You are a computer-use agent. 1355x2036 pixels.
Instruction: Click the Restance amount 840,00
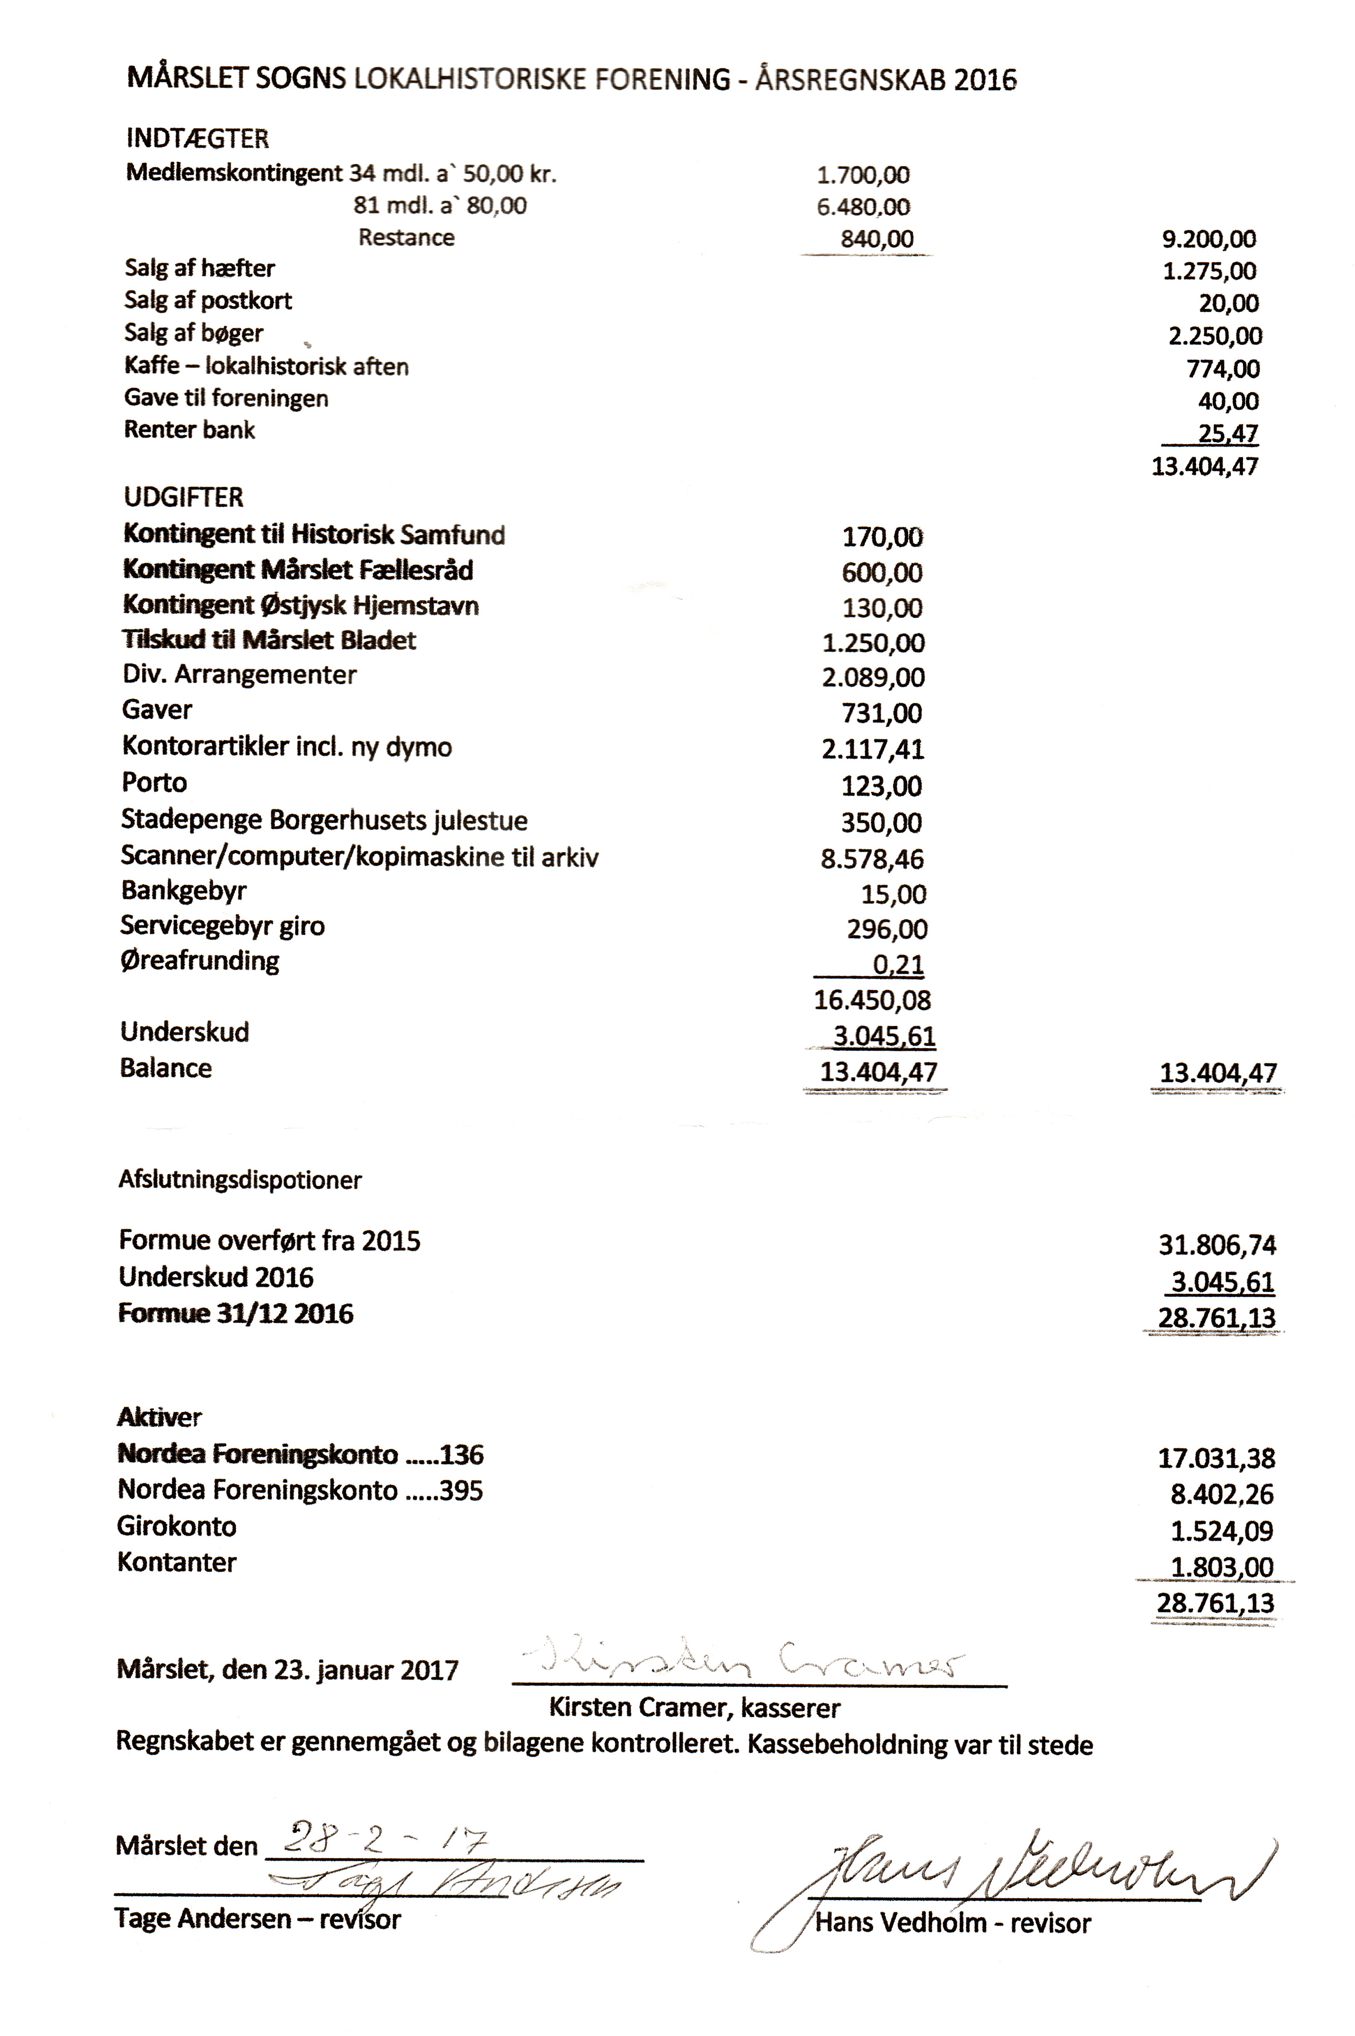click(x=876, y=239)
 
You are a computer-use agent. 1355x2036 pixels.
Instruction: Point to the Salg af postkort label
click(x=208, y=301)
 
